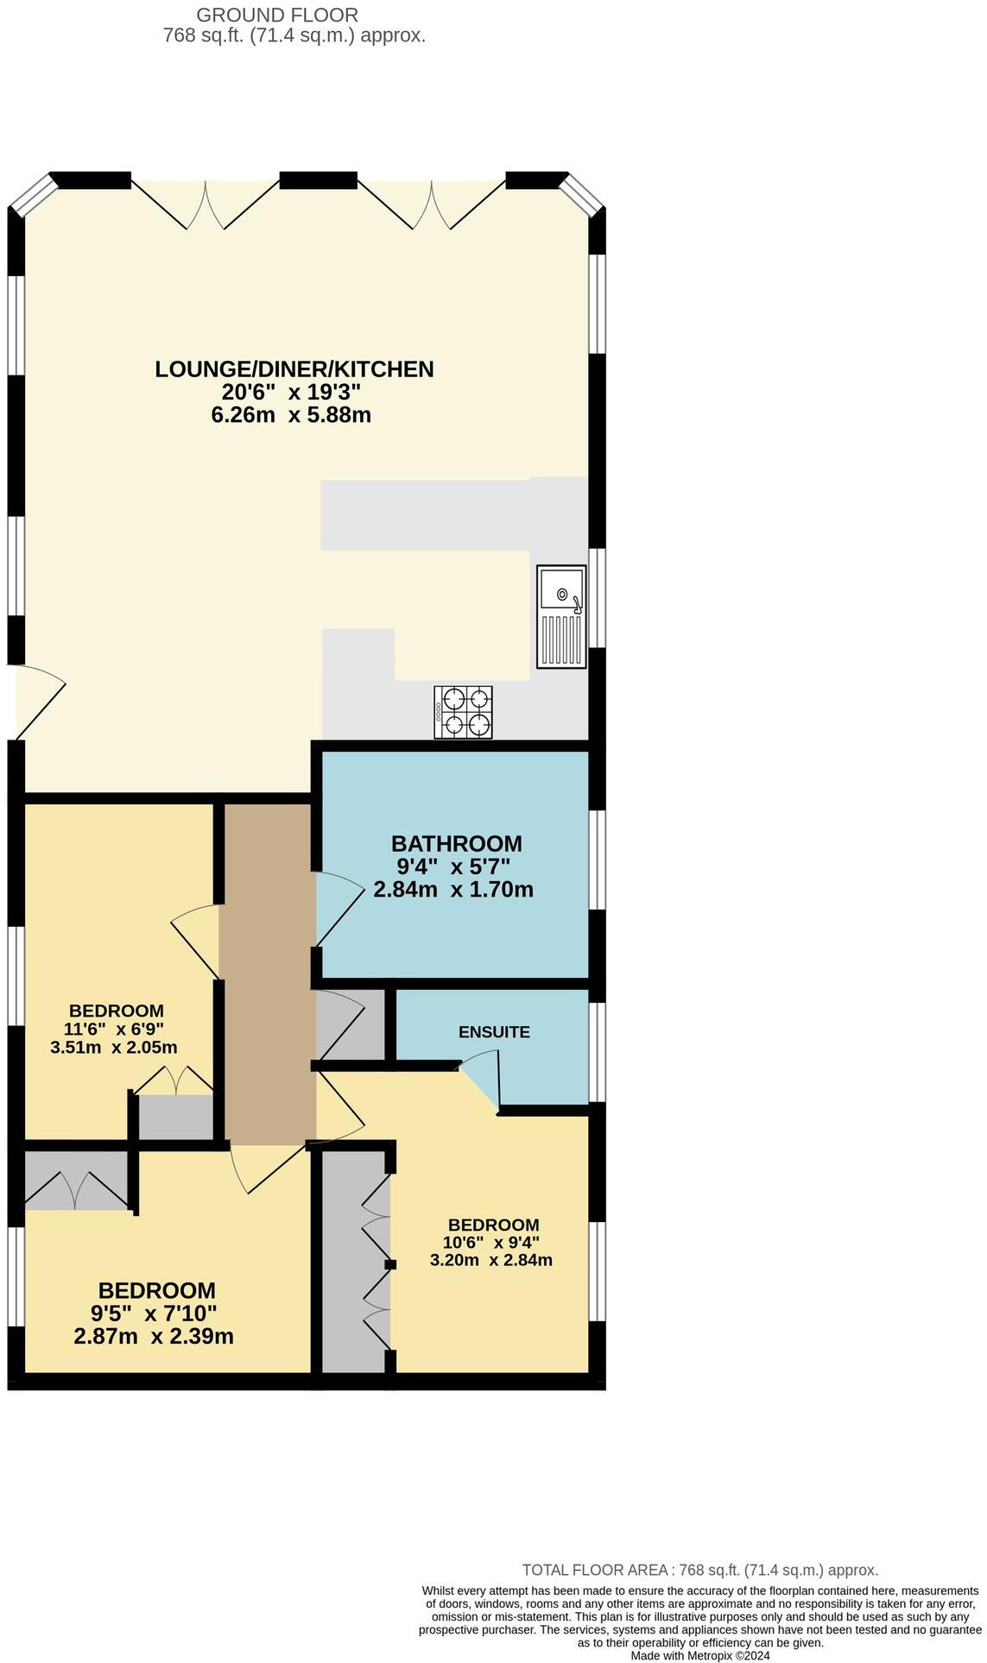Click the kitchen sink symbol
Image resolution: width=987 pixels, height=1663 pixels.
coord(561,616)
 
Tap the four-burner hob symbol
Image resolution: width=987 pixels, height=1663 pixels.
coord(464,712)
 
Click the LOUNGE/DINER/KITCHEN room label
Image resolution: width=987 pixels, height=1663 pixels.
coord(294,369)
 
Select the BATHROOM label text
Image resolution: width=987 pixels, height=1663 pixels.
coord(456,843)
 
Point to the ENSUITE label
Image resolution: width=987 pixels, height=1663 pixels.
coord(494,1032)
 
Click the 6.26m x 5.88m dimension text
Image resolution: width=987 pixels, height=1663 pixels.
coord(291,415)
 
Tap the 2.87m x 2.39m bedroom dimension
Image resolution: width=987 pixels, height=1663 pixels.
coord(154,1337)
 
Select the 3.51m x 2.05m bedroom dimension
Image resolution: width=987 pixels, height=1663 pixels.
coord(114,1048)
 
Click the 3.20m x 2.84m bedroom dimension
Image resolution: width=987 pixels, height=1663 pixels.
coord(491,1260)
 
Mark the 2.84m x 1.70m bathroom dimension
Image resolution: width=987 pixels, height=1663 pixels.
coord(453,889)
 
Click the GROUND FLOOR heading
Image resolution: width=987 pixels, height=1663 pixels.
coord(277,15)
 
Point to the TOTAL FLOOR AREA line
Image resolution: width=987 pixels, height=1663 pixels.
coord(699,1570)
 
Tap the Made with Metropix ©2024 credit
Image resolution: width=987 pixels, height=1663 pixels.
coord(699,1655)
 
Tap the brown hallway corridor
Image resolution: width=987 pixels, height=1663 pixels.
coord(266,975)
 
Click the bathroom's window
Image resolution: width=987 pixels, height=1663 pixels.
coord(597,860)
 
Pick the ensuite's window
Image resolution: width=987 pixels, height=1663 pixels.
coord(597,1052)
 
